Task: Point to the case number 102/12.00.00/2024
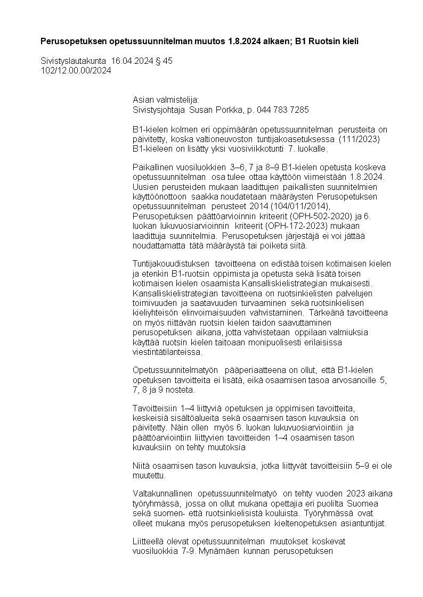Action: [76, 70]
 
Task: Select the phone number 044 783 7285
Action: [282, 110]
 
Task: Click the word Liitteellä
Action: [149, 541]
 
